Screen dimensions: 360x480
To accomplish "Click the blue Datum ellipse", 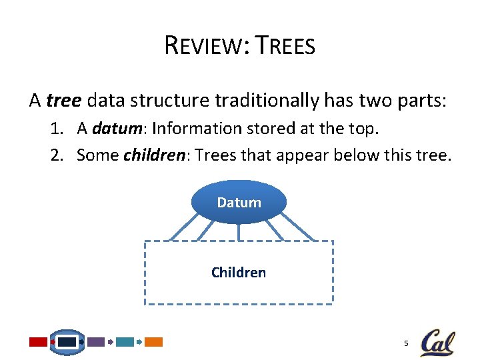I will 239,202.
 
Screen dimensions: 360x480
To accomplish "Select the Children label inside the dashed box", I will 239,273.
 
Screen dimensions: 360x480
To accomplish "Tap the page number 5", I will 405,343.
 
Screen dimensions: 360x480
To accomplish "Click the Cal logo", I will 437,343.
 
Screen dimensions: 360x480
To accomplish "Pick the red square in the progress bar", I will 39,342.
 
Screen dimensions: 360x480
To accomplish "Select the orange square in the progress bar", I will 154,342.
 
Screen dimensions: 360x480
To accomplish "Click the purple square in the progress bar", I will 97,342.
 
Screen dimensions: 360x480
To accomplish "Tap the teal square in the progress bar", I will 125,342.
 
